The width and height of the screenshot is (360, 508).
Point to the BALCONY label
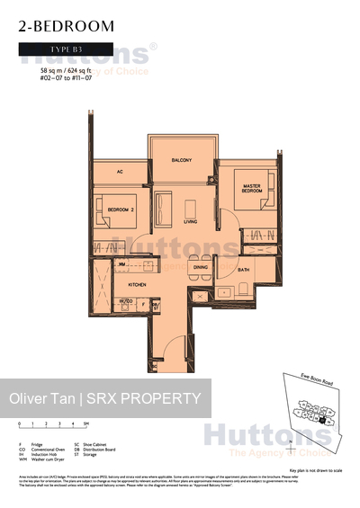pos(183,160)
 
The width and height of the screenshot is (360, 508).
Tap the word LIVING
pos(191,220)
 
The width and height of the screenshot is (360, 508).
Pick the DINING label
pos(201,268)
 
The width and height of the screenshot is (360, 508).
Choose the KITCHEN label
pos(136,283)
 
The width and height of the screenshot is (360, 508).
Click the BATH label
pos(244,270)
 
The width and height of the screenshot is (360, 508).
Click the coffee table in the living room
pos(190,203)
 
